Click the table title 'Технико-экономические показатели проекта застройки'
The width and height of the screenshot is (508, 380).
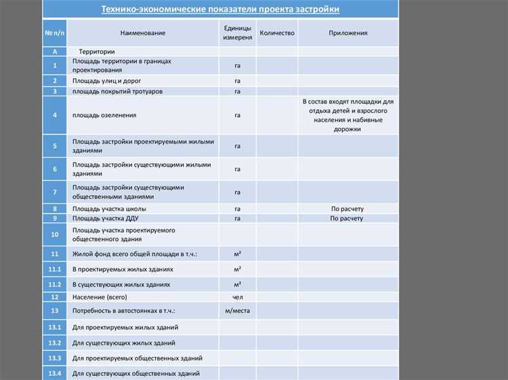220,9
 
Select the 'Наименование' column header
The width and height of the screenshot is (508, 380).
143,33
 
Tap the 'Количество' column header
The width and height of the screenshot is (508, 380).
277,33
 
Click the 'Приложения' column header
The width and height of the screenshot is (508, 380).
348,33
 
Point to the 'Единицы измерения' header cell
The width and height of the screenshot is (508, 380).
238,33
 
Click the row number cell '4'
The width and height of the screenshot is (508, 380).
55,115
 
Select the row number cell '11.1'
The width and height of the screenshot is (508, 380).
55,270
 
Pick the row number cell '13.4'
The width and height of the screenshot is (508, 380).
55,373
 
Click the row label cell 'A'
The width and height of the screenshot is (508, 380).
55,51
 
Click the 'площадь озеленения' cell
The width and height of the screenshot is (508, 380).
104,115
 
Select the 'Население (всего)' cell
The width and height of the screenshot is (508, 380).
100,297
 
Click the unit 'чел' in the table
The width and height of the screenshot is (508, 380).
238,297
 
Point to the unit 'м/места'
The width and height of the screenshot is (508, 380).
238,310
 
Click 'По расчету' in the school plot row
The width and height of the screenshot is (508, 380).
347,209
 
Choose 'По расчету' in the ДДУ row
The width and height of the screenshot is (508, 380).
347,218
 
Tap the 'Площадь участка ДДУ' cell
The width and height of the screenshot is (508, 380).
106,218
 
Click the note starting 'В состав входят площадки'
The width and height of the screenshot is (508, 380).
347,115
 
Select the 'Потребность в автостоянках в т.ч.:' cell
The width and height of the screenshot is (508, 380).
124,310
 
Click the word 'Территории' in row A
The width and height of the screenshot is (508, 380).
97,51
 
